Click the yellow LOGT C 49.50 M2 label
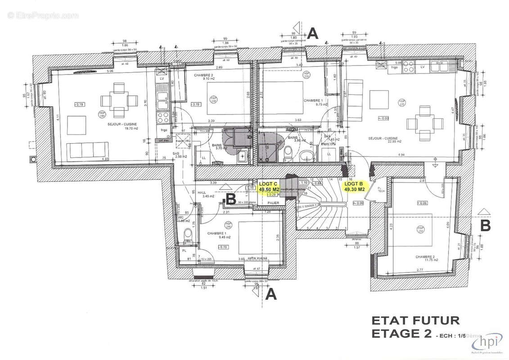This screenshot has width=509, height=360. pyautogui.click(x=269, y=187)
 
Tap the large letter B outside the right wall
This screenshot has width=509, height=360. pyautogui.click(x=485, y=225)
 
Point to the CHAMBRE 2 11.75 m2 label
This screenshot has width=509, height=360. pyautogui.click(x=425, y=258)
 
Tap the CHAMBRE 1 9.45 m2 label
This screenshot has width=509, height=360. pyautogui.click(x=219, y=235)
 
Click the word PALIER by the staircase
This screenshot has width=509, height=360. pyautogui.click(x=271, y=203)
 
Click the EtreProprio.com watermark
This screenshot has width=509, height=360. pyautogui.click(x=43, y=16)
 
